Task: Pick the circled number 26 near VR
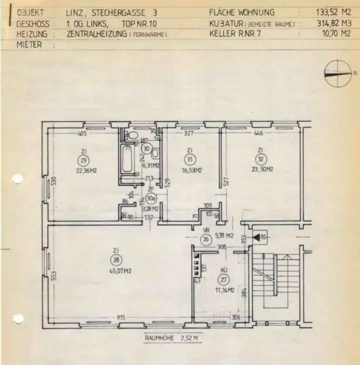(x=205, y=238)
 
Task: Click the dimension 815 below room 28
(x=122, y=318)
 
